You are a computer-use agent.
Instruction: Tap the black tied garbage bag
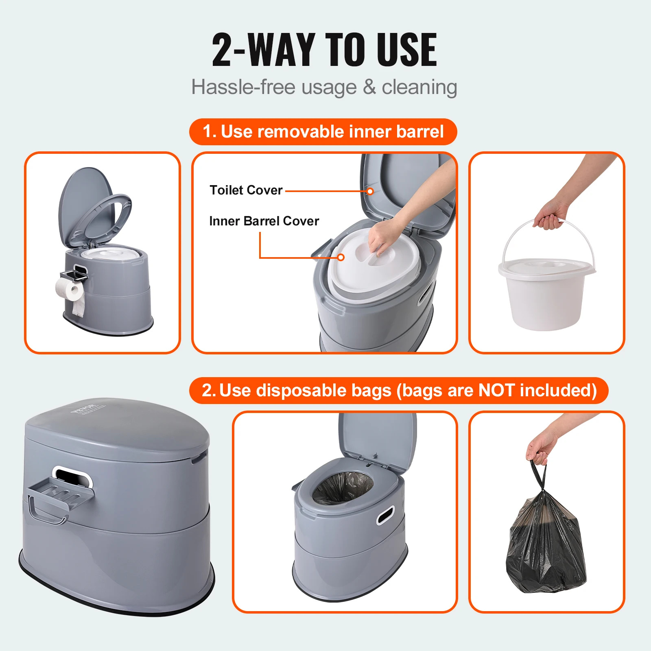click(x=546, y=545)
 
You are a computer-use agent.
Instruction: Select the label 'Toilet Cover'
click(x=246, y=190)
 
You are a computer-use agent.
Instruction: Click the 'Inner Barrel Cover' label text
click(x=264, y=221)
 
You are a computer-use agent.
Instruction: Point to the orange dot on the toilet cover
click(x=370, y=191)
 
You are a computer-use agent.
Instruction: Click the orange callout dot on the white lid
click(x=341, y=257)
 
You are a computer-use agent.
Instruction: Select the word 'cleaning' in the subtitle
click(x=419, y=87)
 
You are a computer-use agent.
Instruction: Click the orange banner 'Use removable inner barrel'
click(x=323, y=132)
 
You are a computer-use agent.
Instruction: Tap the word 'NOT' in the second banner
click(x=496, y=390)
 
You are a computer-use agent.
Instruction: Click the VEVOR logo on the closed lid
click(x=83, y=408)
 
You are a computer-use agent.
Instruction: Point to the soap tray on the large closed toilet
click(x=61, y=493)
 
